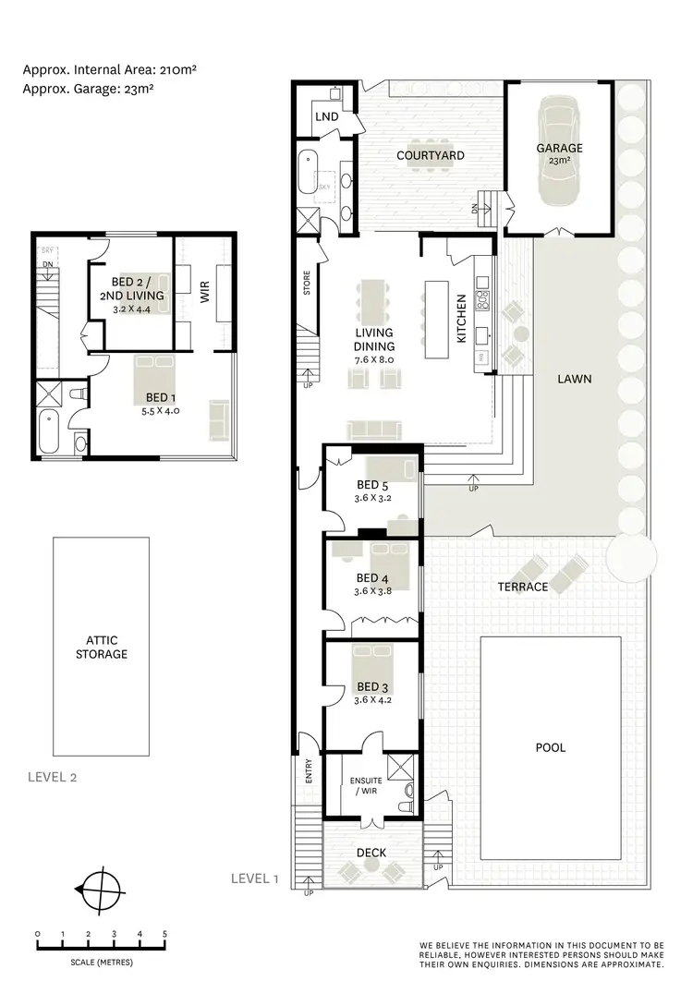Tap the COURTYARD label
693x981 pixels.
(431, 155)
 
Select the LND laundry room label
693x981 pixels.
(326, 117)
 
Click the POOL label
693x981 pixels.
(551, 747)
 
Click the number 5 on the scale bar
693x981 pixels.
(165, 935)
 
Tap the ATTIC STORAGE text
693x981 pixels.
(102, 647)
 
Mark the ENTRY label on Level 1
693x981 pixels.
(309, 772)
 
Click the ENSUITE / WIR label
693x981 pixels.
(366, 786)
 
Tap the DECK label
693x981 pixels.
(371, 852)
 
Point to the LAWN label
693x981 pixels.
(575, 379)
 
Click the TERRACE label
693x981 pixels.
(523, 587)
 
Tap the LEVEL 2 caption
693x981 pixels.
(53, 777)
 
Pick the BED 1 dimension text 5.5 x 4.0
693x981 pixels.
(162, 411)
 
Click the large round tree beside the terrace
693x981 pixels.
(632, 556)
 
